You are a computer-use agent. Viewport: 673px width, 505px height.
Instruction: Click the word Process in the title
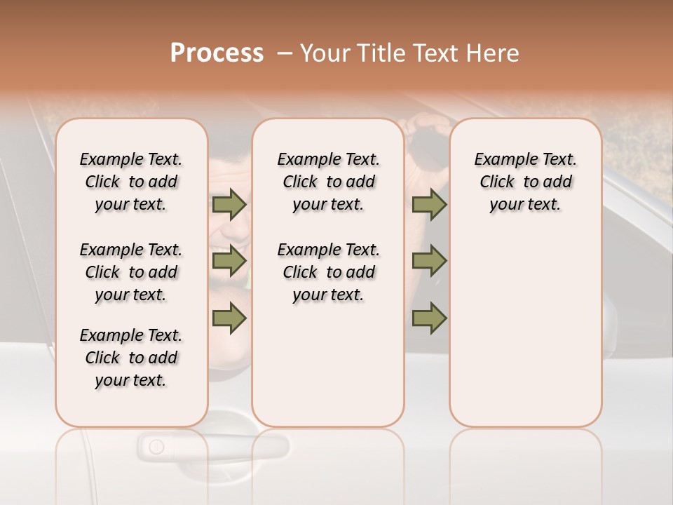[x=217, y=53]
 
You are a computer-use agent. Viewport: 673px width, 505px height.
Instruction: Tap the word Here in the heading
[x=494, y=53]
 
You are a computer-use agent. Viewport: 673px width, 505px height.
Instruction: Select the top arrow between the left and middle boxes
[x=229, y=204]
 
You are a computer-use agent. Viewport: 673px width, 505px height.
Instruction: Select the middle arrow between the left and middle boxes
[x=229, y=261]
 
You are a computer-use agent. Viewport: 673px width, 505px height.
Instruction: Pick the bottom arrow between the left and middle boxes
[x=229, y=318]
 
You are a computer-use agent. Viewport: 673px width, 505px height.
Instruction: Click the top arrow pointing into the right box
[x=429, y=204]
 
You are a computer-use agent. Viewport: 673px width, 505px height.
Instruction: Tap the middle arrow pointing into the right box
[x=429, y=261]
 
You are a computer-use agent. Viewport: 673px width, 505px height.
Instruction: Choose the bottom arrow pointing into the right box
[x=429, y=318]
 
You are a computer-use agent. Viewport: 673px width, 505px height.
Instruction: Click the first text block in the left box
[x=131, y=182]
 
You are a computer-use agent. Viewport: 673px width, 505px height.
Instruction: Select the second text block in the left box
[x=131, y=272]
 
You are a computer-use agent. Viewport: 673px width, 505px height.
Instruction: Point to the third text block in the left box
[x=131, y=358]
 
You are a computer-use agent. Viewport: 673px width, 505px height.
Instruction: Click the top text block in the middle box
[x=328, y=182]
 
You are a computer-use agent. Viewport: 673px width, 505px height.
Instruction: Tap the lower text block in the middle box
[x=328, y=272]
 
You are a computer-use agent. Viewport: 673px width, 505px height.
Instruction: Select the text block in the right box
[x=525, y=182]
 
